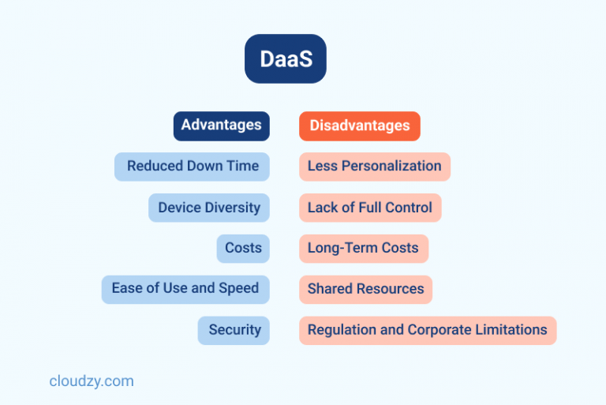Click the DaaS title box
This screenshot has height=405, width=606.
[285, 58]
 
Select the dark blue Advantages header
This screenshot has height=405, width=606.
[222, 126]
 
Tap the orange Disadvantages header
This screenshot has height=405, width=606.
[359, 126]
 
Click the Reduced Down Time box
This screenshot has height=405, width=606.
[192, 167]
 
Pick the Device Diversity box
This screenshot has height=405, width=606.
[208, 208]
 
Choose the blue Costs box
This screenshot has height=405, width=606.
[243, 248]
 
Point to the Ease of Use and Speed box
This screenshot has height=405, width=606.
[185, 289]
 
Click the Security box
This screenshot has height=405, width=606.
[234, 330]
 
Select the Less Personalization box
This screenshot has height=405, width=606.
[374, 167]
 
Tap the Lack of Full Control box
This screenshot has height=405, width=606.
[369, 208]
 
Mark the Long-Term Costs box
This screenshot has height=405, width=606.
[363, 248]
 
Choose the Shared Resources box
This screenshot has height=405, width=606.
[365, 289]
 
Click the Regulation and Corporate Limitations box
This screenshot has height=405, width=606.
[427, 330]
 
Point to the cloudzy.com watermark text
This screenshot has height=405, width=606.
[92, 381]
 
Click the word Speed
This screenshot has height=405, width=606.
[238, 289]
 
